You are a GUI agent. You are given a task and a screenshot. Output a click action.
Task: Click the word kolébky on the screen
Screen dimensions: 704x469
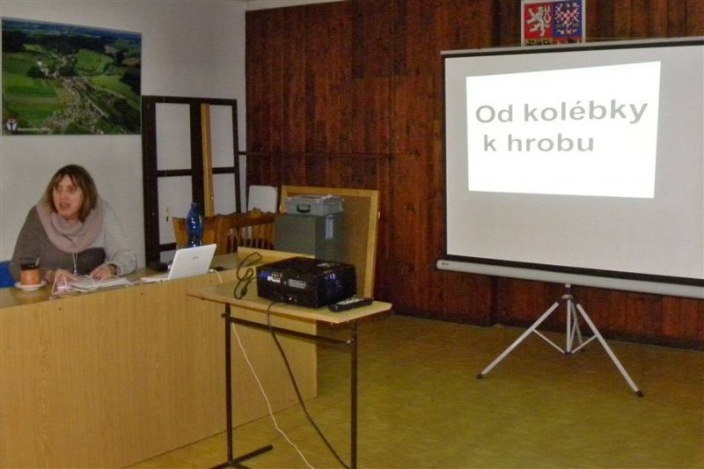click(x=585, y=112)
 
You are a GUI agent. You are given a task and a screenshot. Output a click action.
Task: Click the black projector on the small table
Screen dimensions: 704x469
click(x=306, y=282)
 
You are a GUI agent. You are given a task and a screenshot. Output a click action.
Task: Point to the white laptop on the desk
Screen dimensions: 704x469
click(x=181, y=263)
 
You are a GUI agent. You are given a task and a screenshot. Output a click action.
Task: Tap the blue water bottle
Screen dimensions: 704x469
click(x=194, y=225)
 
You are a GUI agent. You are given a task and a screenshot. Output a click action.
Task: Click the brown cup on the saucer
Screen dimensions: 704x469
click(x=31, y=274)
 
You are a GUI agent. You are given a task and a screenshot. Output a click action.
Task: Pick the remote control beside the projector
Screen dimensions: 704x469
click(x=350, y=304)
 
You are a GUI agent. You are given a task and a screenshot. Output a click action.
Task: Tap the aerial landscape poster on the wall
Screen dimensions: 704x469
click(x=71, y=77)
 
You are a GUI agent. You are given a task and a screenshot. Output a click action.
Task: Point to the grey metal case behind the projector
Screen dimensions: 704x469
click(x=315, y=205)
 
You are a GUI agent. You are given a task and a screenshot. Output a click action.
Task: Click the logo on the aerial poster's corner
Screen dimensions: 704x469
click(x=11, y=126)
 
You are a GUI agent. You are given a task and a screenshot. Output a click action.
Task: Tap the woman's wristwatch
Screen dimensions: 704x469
click(x=115, y=269)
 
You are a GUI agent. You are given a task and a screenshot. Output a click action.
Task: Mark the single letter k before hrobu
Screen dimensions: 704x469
click(x=490, y=143)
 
